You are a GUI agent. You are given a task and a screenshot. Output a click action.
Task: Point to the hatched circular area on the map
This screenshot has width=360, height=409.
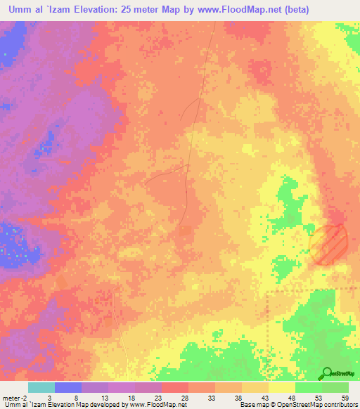tap(328, 243)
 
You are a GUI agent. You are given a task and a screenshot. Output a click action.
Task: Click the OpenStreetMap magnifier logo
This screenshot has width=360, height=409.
tap(327, 372)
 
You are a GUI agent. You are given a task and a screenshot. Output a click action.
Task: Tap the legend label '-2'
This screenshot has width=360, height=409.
tap(23, 398)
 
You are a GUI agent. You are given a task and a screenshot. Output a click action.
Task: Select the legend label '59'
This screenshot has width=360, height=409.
tap(345, 398)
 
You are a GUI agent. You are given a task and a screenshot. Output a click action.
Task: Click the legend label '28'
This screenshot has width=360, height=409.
tap(184, 398)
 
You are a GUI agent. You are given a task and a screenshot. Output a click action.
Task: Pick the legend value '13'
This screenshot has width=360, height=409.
tap(103, 398)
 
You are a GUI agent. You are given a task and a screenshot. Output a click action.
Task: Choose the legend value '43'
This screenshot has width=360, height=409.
tap(264, 398)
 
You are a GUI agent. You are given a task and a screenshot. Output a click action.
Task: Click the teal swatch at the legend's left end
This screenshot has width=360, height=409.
tap(41, 387)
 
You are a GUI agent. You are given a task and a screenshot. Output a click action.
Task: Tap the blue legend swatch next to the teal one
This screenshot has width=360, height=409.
tap(68, 387)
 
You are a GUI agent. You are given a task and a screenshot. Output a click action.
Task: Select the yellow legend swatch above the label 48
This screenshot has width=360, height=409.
tap(282, 387)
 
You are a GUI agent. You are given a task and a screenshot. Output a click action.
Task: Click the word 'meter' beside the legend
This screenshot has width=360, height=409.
tap(10, 398)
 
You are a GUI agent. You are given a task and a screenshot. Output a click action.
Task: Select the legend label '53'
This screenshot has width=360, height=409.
tap(318, 398)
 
